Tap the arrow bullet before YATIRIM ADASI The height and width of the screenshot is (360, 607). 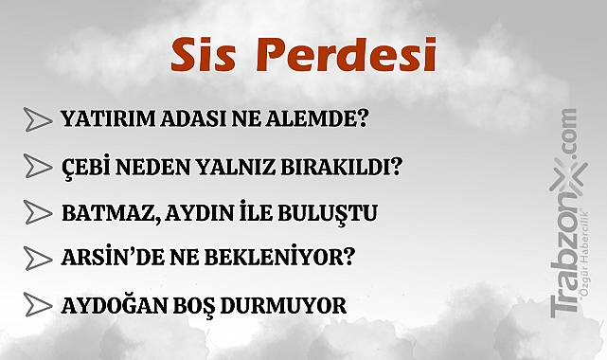[x=36, y=119]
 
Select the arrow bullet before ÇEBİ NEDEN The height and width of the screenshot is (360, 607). [x=36, y=166]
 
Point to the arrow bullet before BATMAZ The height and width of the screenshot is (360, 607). [x=36, y=212]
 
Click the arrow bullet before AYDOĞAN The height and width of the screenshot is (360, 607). [x=36, y=305]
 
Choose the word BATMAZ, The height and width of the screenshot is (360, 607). [x=105, y=212]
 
